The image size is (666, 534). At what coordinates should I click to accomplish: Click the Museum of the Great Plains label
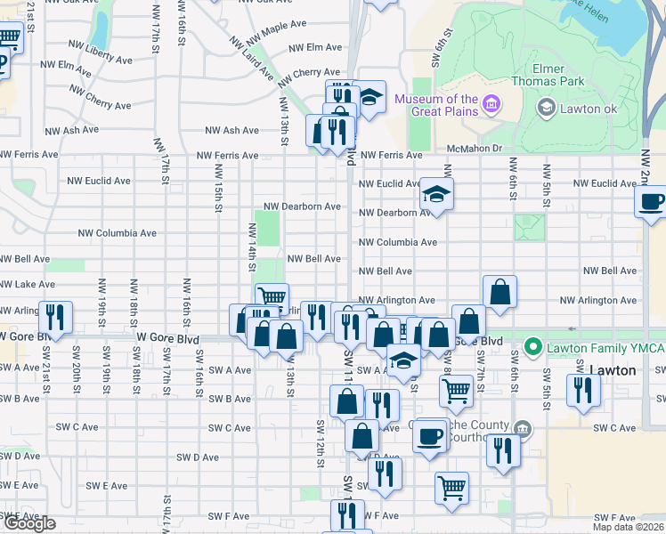pos(436,105)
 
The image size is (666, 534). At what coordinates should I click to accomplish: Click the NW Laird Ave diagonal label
pos(250,57)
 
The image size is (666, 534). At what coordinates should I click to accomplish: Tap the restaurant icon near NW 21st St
pos(56,318)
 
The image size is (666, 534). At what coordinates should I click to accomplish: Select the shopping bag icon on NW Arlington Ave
pos(500,290)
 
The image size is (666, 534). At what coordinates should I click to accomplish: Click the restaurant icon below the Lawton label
pos(583,391)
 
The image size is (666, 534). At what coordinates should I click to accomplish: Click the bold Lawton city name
pos(613,369)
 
